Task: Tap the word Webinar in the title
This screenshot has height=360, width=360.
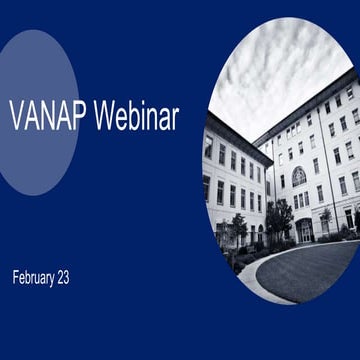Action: pyautogui.click(x=137, y=118)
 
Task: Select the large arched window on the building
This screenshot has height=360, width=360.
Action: pyautogui.click(x=299, y=176)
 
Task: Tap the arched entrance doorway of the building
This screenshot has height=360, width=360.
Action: pyautogui.click(x=304, y=231)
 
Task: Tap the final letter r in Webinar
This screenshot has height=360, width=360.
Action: pyautogui.click(x=175, y=118)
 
